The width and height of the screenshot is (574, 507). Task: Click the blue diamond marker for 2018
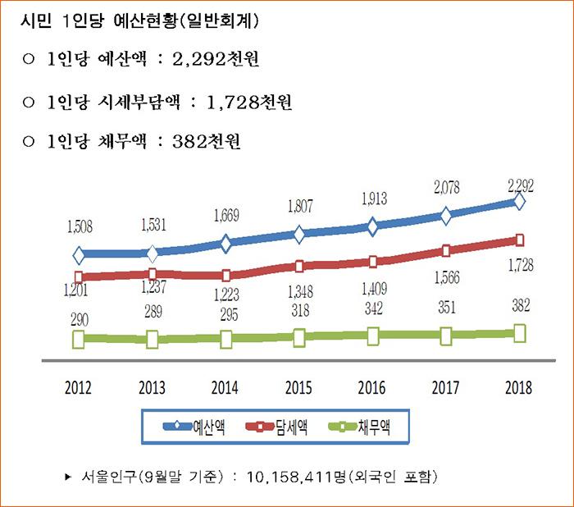click(519, 201)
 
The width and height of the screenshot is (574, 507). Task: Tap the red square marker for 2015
click(299, 266)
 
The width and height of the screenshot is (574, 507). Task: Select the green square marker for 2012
click(79, 338)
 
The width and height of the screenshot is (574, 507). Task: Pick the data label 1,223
click(225, 295)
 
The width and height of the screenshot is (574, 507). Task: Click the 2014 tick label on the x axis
click(225, 388)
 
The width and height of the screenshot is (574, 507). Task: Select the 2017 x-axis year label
click(446, 388)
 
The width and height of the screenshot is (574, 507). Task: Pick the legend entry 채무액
click(374, 427)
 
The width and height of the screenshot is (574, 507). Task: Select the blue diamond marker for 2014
click(225, 243)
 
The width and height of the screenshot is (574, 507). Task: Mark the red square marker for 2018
click(519, 240)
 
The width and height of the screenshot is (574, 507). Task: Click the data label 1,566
click(447, 279)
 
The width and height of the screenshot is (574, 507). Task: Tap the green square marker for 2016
click(373, 335)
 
